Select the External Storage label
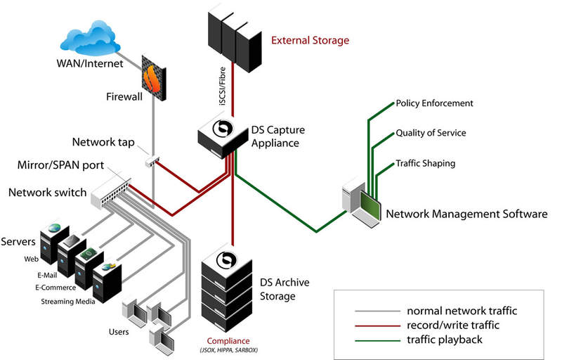(310, 41)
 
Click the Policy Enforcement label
(434, 103)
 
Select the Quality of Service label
(431, 133)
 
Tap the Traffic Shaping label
(425, 163)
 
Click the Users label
(118, 330)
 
